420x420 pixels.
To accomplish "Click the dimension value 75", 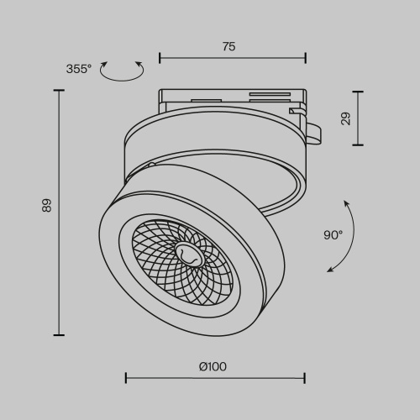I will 228,47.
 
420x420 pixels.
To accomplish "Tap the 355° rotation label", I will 78,69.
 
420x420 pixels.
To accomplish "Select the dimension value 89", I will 47,205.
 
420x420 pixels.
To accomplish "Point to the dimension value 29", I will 346,118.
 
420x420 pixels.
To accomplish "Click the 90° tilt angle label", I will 333,235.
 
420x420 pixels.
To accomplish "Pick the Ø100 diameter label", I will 213,366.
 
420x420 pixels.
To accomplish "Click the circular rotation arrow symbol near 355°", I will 121,72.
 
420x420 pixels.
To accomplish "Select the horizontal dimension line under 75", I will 232,59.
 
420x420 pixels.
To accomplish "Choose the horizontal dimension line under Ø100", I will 215,379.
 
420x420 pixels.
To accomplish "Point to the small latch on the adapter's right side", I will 312,130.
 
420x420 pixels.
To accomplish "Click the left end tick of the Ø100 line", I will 126,379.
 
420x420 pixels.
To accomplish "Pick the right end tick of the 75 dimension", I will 305,59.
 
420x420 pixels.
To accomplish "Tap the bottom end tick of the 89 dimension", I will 59,334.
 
